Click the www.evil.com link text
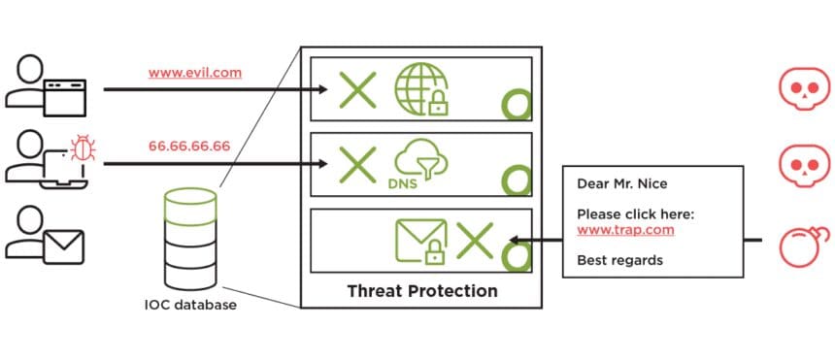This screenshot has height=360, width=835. [x=195, y=73]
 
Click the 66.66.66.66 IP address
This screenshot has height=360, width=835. [x=189, y=147]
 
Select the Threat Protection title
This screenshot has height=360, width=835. [x=421, y=291]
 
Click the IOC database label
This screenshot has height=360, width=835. [x=189, y=305]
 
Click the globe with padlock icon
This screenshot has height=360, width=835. [x=421, y=90]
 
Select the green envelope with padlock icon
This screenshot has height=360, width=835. [x=420, y=241]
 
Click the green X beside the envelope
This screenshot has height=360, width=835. [x=475, y=239]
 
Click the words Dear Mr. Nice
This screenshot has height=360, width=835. [x=621, y=184]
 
